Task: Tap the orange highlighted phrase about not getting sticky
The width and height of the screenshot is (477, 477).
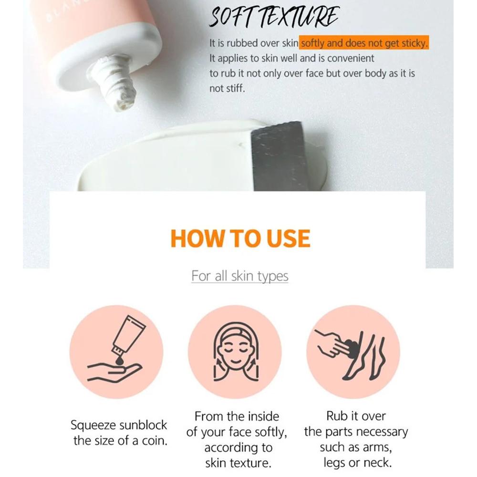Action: [x=364, y=43]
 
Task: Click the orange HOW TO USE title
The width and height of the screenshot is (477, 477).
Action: [x=240, y=238]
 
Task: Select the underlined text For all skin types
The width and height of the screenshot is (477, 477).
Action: [x=240, y=276]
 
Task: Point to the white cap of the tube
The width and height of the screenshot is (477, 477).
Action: [x=106, y=55]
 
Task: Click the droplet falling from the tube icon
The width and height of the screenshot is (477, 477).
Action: [x=120, y=361]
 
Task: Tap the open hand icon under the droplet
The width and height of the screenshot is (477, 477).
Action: [x=114, y=373]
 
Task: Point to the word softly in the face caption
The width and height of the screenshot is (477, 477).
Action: [x=270, y=432]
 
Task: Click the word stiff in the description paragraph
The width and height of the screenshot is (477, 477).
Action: [x=236, y=89]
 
